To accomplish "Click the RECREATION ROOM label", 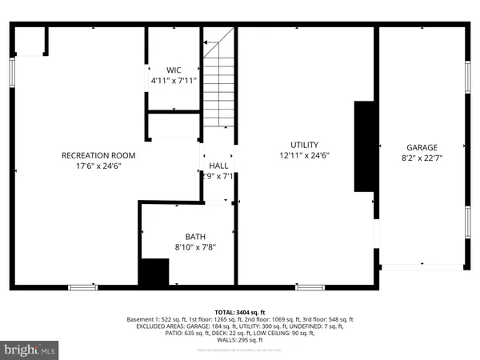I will point(99,155).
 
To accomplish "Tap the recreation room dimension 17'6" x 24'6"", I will point(99,166).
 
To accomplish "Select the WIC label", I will point(174,70).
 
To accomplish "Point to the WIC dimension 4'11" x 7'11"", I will point(174,81).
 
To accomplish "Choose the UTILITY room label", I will point(303,145).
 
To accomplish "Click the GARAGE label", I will point(422,147).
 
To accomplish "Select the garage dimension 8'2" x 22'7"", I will point(422,158).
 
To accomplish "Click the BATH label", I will point(196,236).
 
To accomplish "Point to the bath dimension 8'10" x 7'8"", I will point(196,247).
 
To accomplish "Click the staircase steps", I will point(218,88).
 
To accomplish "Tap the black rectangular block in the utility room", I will point(365,146).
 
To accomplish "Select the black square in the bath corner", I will point(154,272).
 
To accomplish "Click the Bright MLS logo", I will point(30,349).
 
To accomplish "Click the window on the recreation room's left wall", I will point(13,71).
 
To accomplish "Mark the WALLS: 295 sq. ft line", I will point(240,340).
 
